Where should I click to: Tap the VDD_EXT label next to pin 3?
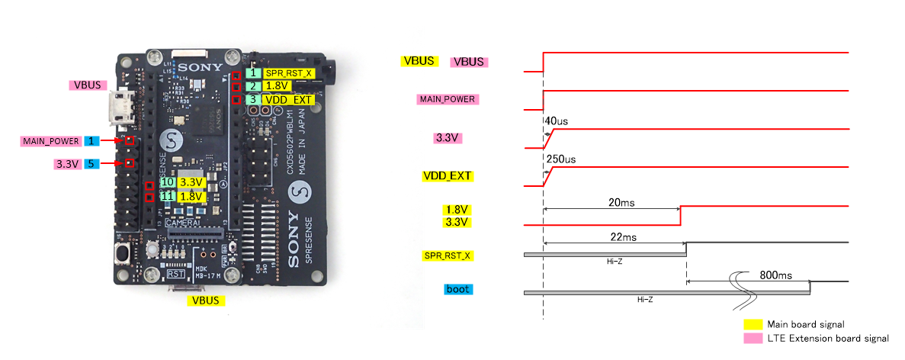coord(287,99)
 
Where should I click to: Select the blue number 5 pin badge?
coord(91,163)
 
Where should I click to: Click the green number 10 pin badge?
coord(167,182)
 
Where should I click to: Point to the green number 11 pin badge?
coord(167,197)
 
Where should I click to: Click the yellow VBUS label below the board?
coord(206,301)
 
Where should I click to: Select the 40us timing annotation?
coord(557,121)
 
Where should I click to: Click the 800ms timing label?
coord(776,275)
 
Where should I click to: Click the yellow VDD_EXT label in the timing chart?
coord(448,176)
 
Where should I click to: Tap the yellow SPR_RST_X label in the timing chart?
coord(448,256)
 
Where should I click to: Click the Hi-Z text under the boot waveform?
coord(645,300)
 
